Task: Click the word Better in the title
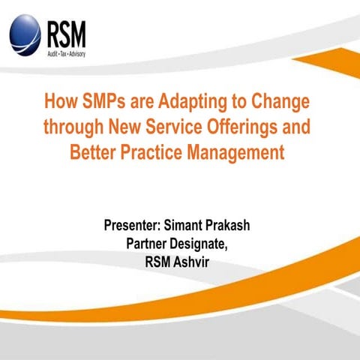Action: point(93,152)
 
